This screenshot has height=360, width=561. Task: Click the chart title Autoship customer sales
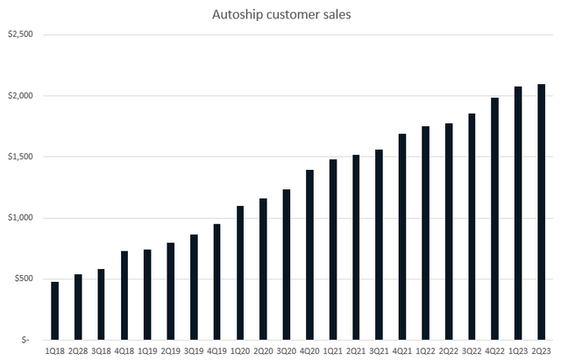click(280, 15)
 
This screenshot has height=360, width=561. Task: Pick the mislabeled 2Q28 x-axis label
click(78, 349)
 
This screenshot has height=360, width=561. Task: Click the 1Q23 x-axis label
click(518, 349)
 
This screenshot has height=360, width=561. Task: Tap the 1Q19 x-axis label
click(147, 349)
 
